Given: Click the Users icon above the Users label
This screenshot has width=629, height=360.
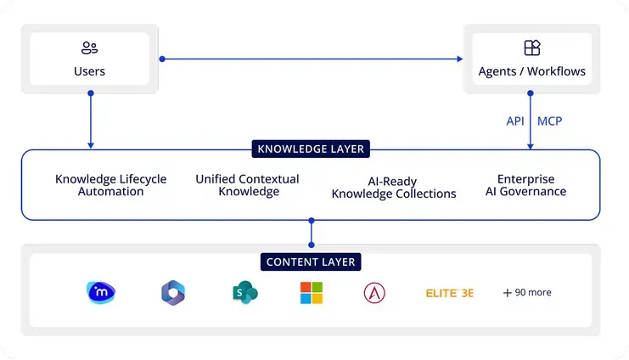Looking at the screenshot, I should tap(89, 48).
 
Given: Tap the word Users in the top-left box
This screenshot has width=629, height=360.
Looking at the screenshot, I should tap(89, 70).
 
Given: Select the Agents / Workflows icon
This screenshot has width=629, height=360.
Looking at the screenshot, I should tap(531, 48).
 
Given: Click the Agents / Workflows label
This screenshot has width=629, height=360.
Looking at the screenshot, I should tap(531, 70).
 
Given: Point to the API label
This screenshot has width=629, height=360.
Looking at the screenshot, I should tap(515, 121).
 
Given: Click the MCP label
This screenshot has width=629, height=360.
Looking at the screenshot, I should tap(549, 121).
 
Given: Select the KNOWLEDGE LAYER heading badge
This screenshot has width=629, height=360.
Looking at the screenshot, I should tap(311, 149).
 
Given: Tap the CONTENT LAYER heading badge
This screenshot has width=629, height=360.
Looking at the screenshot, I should tap(312, 262).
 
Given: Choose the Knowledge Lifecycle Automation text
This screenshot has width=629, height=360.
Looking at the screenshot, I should tap(111, 185).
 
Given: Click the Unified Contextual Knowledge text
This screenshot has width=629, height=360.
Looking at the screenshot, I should tap(247, 185).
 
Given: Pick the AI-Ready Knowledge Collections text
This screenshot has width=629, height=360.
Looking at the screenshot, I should tap(394, 188).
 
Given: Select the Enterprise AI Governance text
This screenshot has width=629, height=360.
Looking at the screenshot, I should tap(525, 185).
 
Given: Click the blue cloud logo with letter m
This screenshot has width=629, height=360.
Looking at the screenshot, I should tap(101, 293).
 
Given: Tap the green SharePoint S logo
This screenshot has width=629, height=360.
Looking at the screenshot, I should tap(244, 293).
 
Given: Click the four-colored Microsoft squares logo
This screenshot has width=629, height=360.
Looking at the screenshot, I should tap(312, 293).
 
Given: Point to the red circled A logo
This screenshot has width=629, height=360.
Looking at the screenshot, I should tap(374, 293).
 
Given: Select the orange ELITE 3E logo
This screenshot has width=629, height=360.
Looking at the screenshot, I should tap(449, 293).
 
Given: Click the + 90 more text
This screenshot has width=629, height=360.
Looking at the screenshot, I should tap(527, 293).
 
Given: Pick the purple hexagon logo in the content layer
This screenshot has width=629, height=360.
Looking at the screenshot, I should tap(173, 293).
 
